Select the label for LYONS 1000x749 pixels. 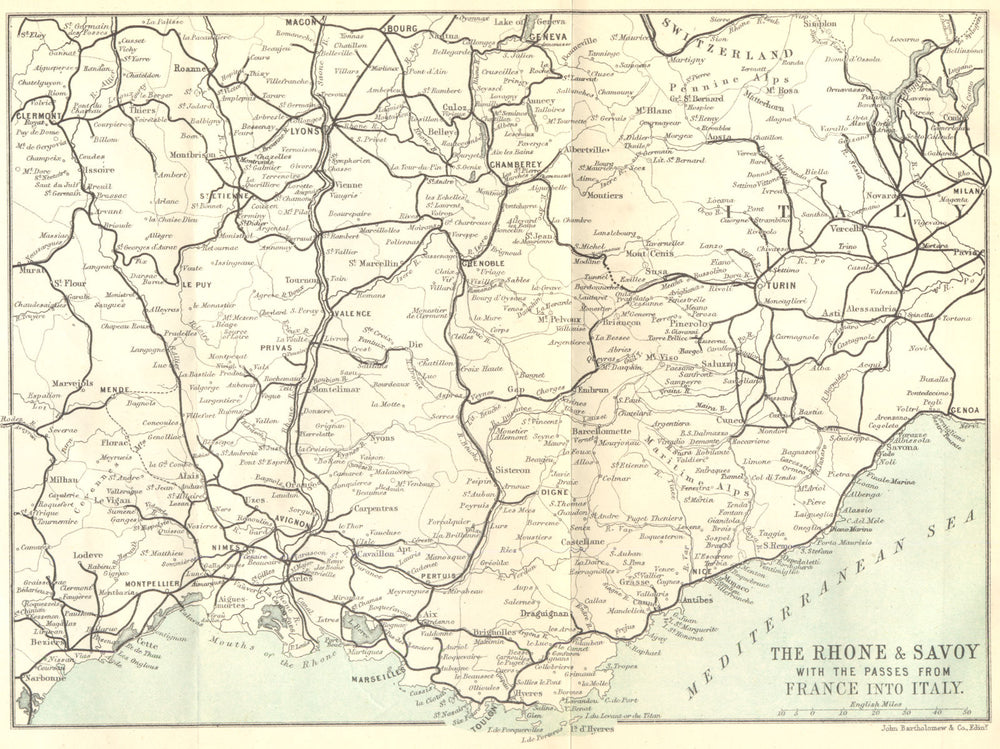303,130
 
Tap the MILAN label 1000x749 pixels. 966,191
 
